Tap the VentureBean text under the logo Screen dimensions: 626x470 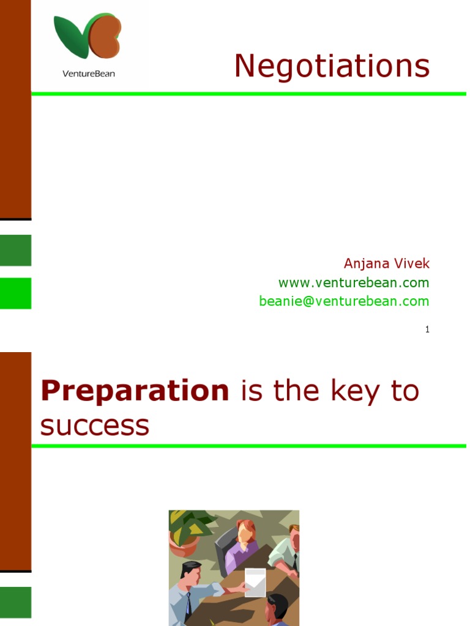89,74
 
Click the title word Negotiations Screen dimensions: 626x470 332,66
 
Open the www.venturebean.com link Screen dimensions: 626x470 354,283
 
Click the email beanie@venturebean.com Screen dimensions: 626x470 344,301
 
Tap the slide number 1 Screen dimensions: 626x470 427,330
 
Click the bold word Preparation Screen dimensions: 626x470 135,391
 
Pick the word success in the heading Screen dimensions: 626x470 95,425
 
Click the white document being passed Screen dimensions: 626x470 255,583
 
